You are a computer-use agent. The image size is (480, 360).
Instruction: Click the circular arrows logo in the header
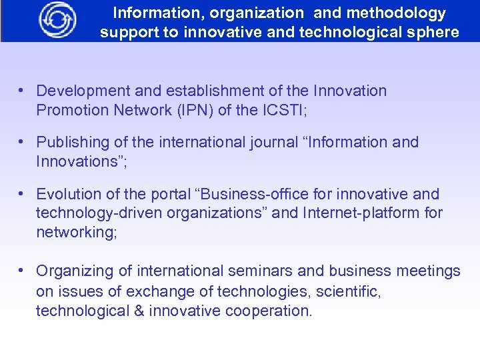coord(57,20)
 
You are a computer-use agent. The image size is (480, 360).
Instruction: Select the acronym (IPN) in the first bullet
coord(187,110)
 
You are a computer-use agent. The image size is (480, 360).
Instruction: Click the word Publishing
coord(72,142)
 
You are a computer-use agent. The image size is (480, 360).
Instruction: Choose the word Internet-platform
coord(363,213)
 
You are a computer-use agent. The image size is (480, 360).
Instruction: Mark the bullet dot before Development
coord(22,90)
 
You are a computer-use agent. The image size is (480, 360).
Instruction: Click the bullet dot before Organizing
coord(22,271)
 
